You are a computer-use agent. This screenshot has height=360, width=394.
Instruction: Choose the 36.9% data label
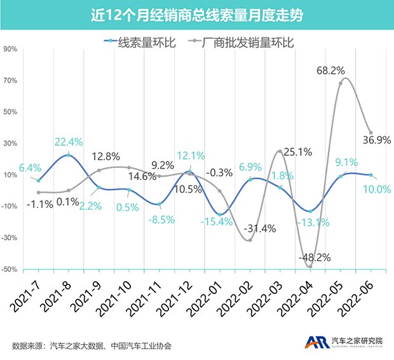click(x=376, y=141)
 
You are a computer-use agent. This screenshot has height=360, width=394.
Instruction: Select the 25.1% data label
click(x=297, y=152)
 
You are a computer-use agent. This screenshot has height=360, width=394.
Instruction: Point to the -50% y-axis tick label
click(x=9, y=270)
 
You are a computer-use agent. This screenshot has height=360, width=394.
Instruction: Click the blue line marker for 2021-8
click(x=69, y=155)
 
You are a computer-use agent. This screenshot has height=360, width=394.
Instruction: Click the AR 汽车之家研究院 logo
click(x=343, y=342)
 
